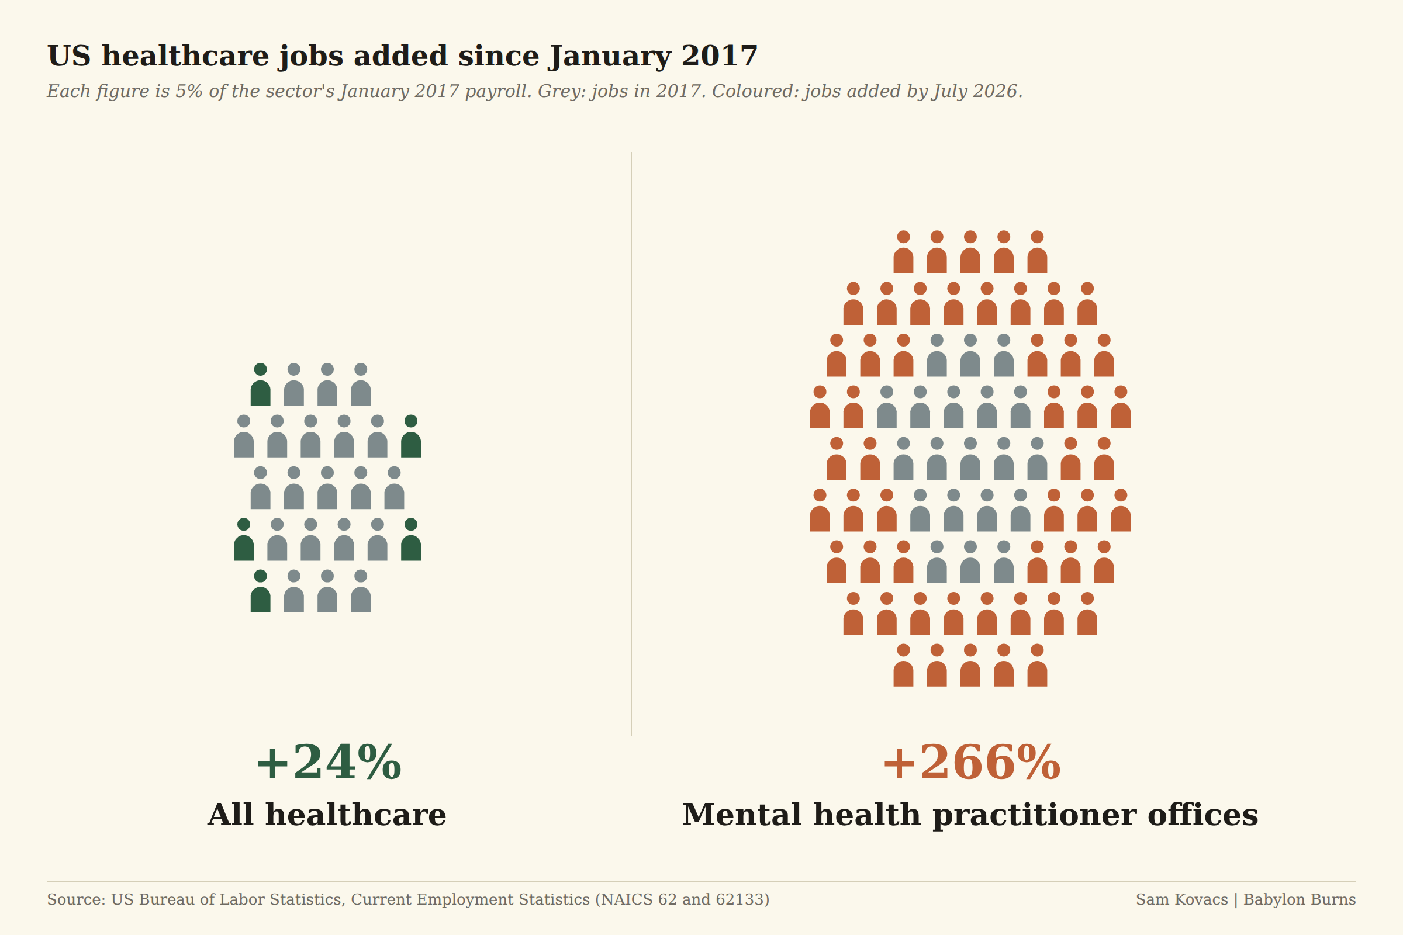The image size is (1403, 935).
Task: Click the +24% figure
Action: (328, 763)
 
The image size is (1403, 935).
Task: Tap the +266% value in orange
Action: (971, 763)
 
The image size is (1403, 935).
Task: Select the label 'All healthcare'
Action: (327, 815)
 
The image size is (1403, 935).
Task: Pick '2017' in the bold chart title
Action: (720, 56)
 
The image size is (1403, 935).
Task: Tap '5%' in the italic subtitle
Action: (188, 91)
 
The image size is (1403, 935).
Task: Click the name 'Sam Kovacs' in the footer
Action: (1181, 899)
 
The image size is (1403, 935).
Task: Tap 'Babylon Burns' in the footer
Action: (1299, 900)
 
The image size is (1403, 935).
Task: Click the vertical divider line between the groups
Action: (631, 444)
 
